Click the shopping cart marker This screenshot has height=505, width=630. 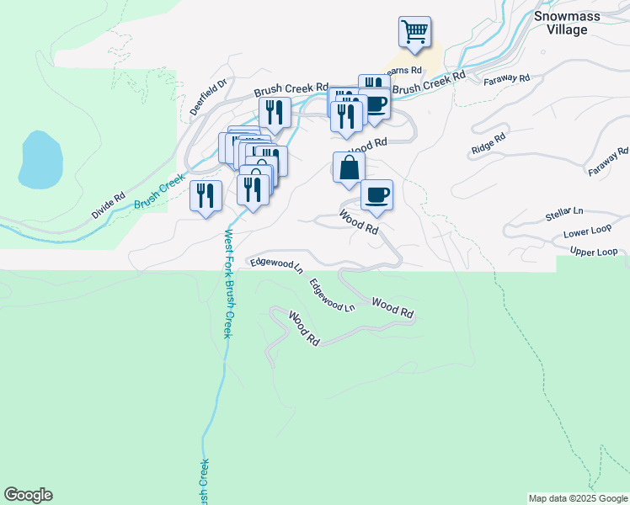414,32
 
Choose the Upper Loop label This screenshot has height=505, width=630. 594,252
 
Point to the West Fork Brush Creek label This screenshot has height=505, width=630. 227,284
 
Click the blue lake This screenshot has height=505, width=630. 40,159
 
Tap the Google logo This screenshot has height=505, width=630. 28,495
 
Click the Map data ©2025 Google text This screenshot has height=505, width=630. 578,498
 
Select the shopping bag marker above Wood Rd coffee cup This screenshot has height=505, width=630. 349,167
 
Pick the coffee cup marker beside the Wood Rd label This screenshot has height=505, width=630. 376,194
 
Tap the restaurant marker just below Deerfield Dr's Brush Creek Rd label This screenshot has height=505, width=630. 275,113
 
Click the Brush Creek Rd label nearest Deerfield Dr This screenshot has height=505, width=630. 291,88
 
